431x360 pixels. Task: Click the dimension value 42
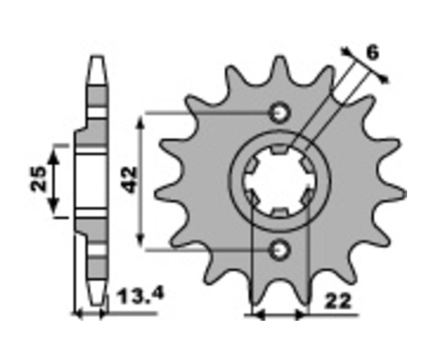[129, 180]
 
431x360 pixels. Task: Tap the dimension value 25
[38, 179]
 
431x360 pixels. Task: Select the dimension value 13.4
[140, 296]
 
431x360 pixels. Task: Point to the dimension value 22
[338, 302]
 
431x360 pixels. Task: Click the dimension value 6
[373, 53]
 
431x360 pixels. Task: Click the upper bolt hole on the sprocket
[280, 113]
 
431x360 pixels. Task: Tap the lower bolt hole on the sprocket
[280, 250]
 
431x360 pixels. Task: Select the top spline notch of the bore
[280, 149]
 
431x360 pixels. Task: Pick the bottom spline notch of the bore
[280, 213]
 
